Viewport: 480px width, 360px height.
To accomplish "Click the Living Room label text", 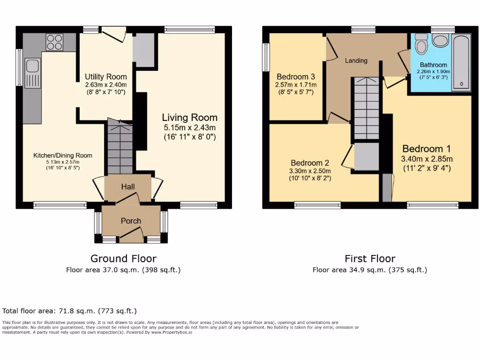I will pos(189,117).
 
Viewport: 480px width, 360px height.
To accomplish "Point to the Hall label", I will pos(128,187).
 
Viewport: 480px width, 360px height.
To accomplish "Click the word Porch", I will pos(131,221).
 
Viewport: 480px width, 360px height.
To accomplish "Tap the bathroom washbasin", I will pos(441,40).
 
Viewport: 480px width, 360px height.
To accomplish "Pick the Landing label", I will pos(356,60).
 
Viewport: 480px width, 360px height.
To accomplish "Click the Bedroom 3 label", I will pos(295,77).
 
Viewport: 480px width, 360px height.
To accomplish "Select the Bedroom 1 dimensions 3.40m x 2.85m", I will pos(426,159).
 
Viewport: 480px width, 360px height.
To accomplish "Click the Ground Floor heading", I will pos(123,258).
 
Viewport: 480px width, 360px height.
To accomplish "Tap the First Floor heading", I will pos(370,258).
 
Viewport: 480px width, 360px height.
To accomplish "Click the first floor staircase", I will pos(366,108).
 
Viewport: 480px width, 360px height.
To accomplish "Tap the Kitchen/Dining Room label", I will pos(62,156).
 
